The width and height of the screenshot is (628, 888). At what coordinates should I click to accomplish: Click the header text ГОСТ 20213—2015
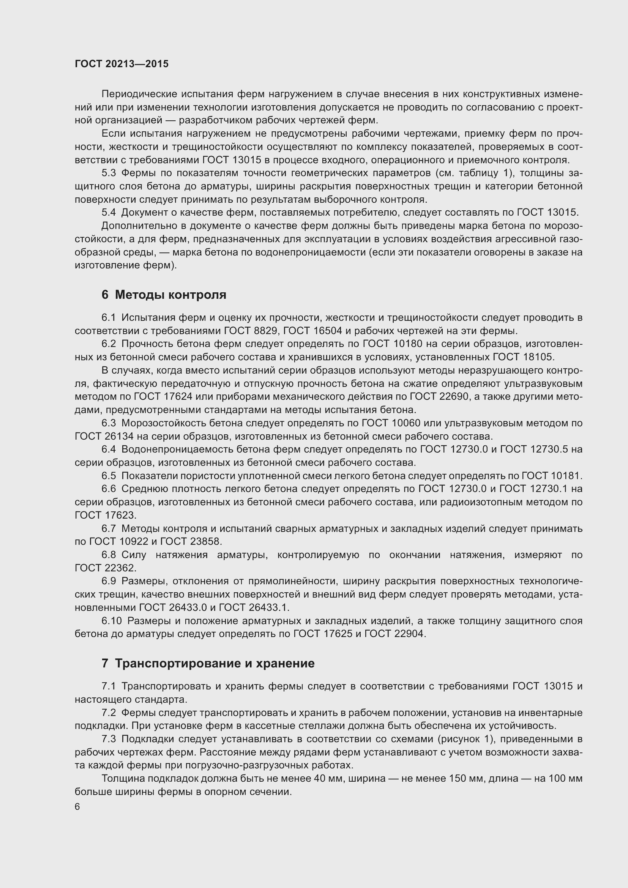tap(121, 64)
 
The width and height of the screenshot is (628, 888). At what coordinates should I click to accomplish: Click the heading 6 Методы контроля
tap(164, 295)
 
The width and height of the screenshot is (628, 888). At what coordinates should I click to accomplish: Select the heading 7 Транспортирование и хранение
tap(208, 664)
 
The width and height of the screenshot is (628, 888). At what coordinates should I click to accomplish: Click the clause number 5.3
tap(109, 173)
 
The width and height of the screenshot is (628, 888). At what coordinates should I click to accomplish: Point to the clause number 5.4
tap(109, 213)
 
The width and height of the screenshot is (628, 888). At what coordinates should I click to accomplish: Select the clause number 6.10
tap(111, 621)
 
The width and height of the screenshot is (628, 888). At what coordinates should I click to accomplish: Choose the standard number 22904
tap(410, 634)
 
